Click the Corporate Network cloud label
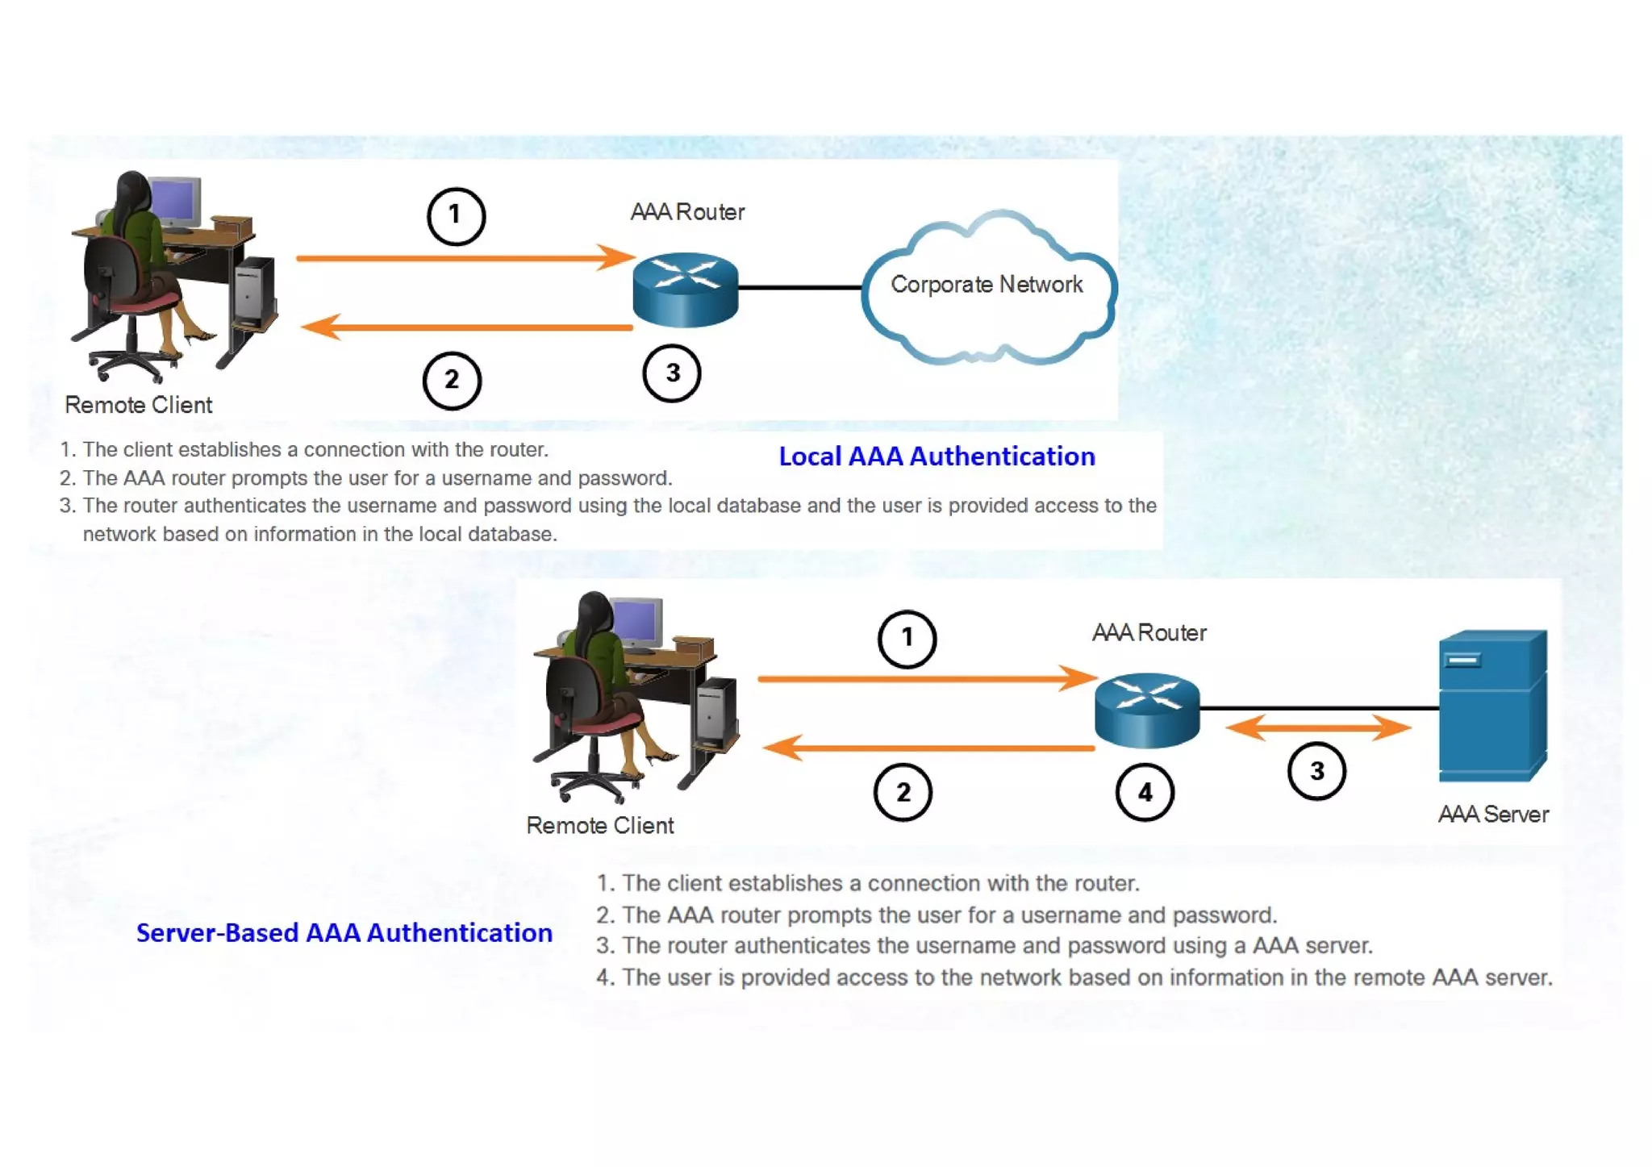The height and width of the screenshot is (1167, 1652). [x=986, y=285]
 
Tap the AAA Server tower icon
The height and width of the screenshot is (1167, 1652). [x=1491, y=705]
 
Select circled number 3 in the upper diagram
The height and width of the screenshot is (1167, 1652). [x=672, y=373]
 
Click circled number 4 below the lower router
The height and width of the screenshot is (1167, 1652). [x=1145, y=793]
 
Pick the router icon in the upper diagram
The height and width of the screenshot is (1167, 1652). [x=686, y=290]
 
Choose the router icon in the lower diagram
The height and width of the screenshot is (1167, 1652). [x=1147, y=710]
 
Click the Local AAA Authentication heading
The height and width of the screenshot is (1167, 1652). [x=937, y=456]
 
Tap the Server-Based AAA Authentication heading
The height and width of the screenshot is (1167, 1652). [x=344, y=933]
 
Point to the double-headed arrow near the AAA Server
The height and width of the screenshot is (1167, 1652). [x=1318, y=727]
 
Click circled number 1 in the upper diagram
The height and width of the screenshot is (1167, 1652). [x=456, y=215]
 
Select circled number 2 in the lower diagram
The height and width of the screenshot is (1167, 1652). [x=903, y=792]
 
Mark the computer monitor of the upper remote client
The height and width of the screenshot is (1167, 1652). [x=177, y=202]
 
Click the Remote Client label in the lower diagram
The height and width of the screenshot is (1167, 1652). [x=599, y=826]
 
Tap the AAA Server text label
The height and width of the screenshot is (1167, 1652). [x=1493, y=815]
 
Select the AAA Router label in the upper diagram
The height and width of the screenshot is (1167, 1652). [x=687, y=212]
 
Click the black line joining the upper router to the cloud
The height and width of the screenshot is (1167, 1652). [x=799, y=287]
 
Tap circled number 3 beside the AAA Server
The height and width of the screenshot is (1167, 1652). [x=1316, y=771]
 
